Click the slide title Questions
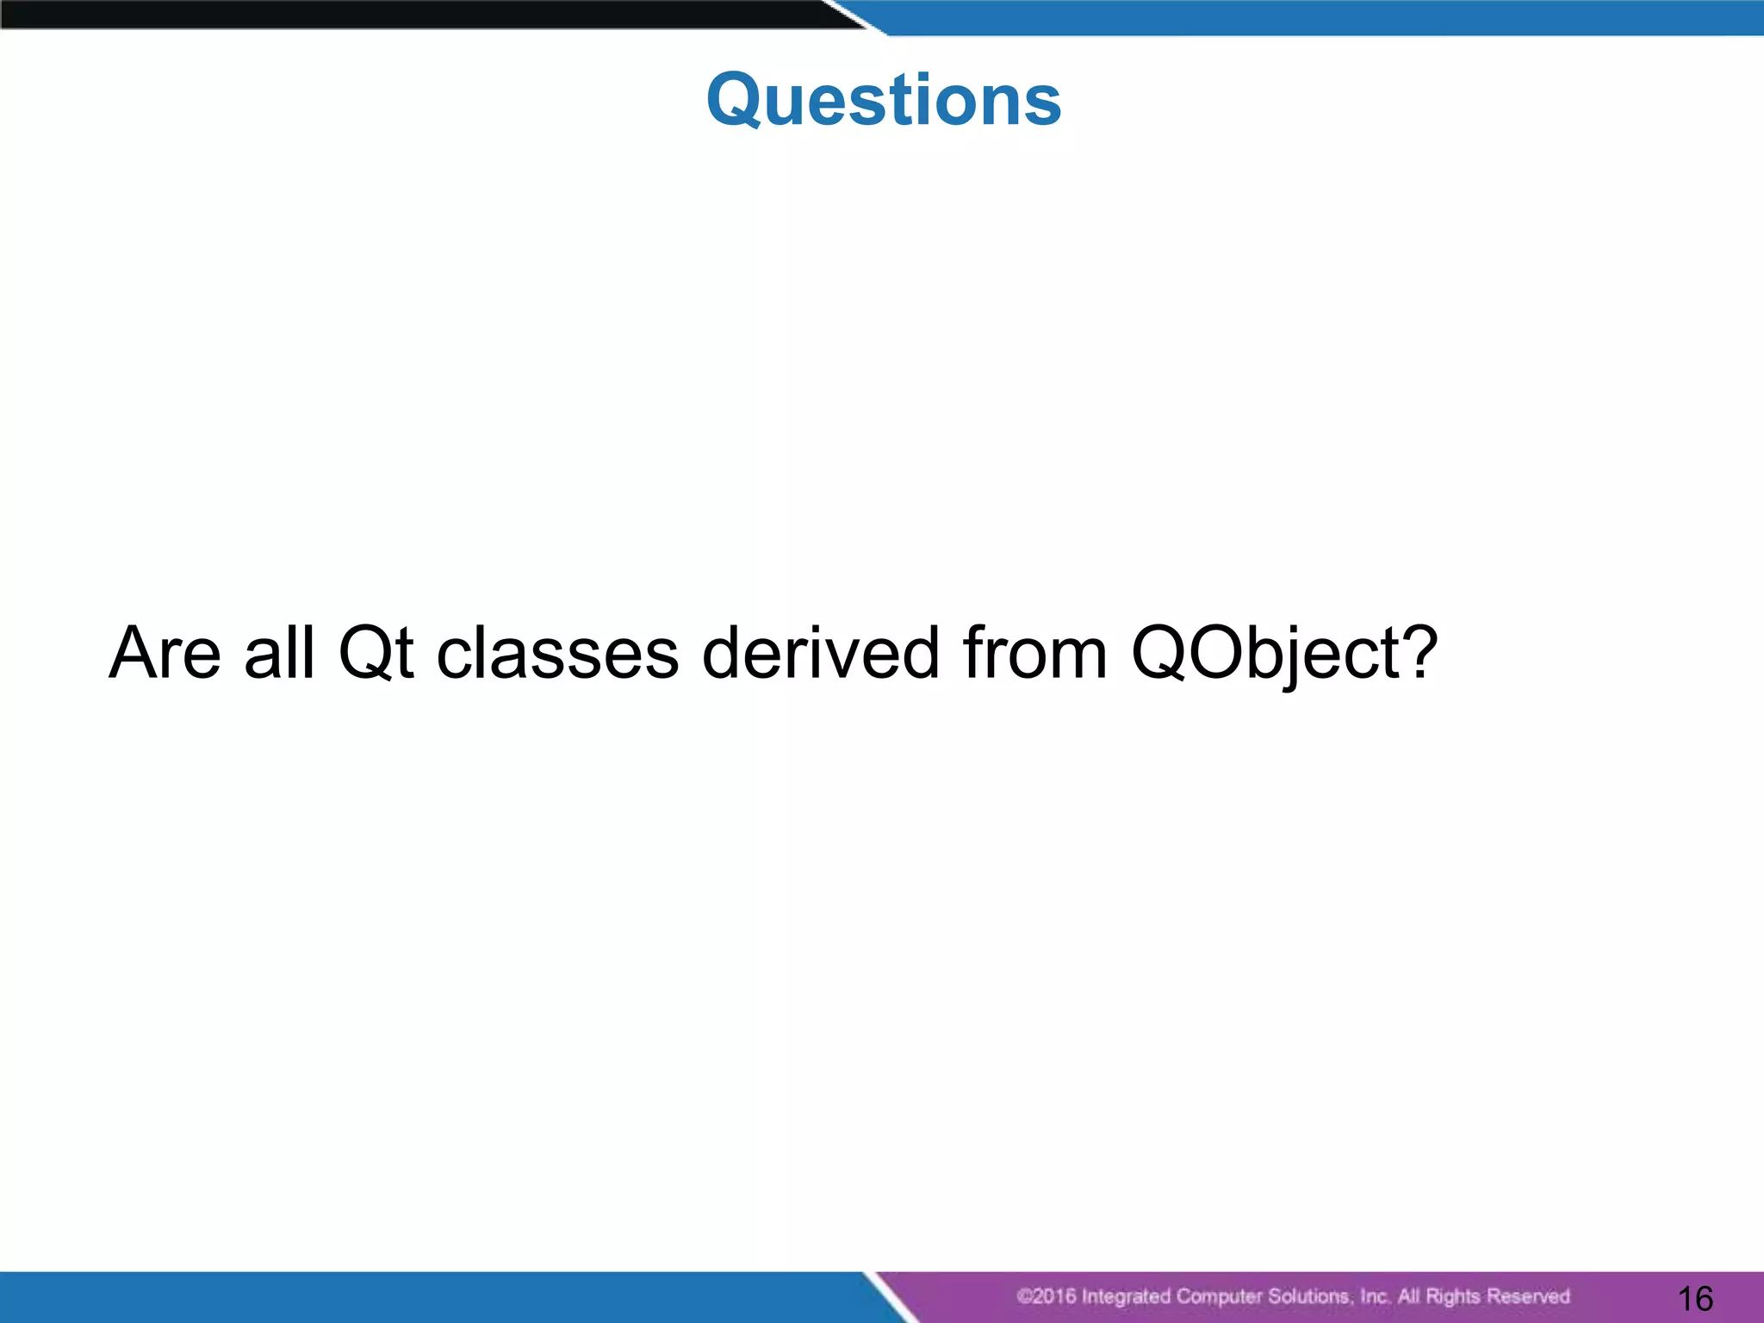click(884, 100)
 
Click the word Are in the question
click(165, 653)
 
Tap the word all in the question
click(279, 653)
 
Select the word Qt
click(376, 653)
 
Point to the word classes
click(557, 655)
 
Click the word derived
click(820, 653)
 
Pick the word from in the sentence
click(1034, 653)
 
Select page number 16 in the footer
click(1695, 1298)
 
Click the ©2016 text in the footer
click(1046, 1296)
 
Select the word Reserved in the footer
click(1528, 1296)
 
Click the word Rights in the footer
click(1453, 1296)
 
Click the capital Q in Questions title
click(738, 102)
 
